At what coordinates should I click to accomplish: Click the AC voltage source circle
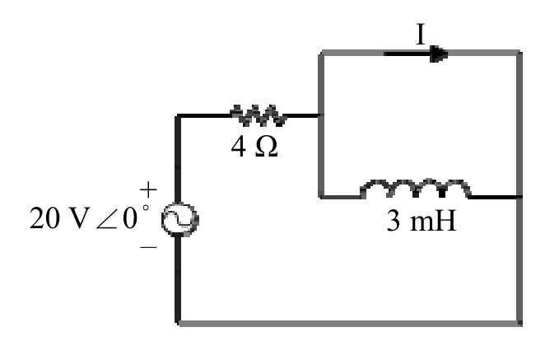click(x=180, y=220)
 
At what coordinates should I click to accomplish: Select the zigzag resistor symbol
click(x=259, y=115)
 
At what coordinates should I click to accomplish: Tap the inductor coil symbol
click(x=416, y=189)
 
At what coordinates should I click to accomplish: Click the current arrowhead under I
click(x=439, y=54)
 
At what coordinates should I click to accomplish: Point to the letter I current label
click(x=421, y=34)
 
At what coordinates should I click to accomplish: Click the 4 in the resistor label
click(x=239, y=146)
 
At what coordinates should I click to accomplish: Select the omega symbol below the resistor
click(x=266, y=146)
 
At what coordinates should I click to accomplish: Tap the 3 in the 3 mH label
click(x=394, y=221)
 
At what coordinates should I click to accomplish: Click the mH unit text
click(x=433, y=221)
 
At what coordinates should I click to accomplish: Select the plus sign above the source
click(x=148, y=190)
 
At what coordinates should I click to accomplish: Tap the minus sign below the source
click(x=148, y=247)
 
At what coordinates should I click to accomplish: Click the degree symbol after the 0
click(x=146, y=208)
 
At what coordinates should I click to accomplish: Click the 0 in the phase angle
click(x=130, y=218)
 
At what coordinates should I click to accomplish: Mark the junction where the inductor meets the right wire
click(x=519, y=197)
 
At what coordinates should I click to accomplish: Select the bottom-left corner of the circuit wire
click(x=178, y=324)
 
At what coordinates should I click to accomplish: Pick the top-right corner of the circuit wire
click(x=519, y=53)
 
